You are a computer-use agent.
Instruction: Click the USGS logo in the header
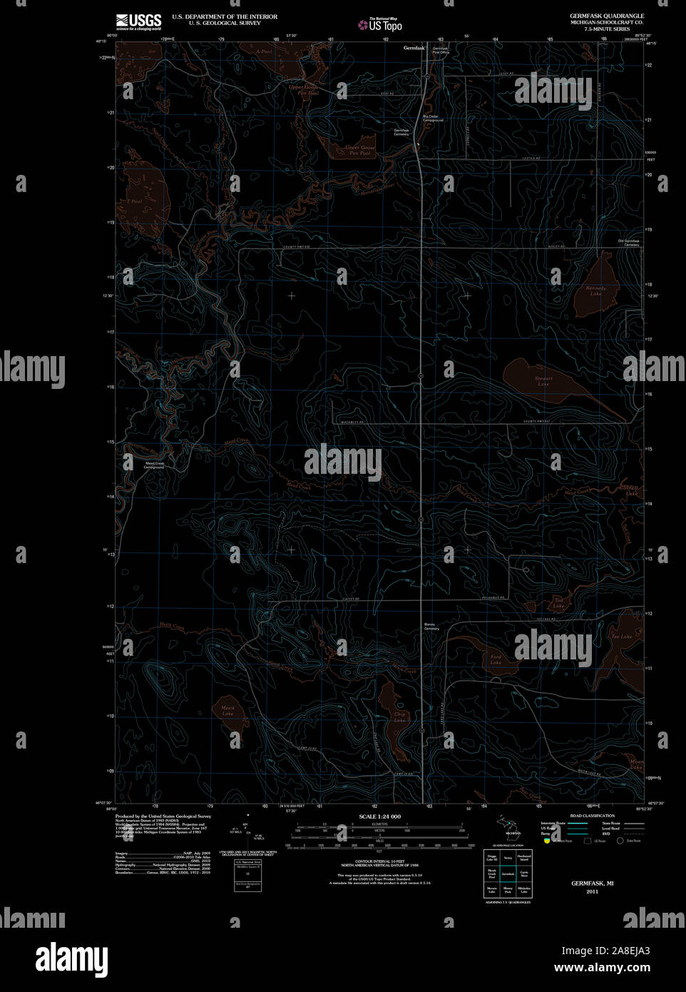tap(139, 21)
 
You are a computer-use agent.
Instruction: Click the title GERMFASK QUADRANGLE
tap(606, 16)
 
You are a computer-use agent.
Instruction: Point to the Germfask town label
tap(413, 48)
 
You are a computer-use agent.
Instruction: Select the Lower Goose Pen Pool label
tap(359, 151)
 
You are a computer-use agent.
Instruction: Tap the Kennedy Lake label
tap(595, 291)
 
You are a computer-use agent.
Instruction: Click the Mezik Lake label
tap(227, 710)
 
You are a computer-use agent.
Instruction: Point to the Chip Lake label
tap(399, 717)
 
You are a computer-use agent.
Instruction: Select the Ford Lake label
tap(496, 659)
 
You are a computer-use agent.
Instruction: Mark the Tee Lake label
tap(620, 636)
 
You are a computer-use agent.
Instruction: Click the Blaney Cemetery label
tap(431, 626)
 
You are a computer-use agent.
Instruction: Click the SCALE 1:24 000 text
tap(379, 816)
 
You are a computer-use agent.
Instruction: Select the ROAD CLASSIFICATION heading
tap(592, 815)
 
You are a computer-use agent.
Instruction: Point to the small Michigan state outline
tap(508, 826)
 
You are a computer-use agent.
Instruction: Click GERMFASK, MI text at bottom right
tap(592, 883)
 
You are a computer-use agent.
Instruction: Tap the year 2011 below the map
tap(592, 891)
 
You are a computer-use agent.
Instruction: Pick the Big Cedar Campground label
tap(433, 118)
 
